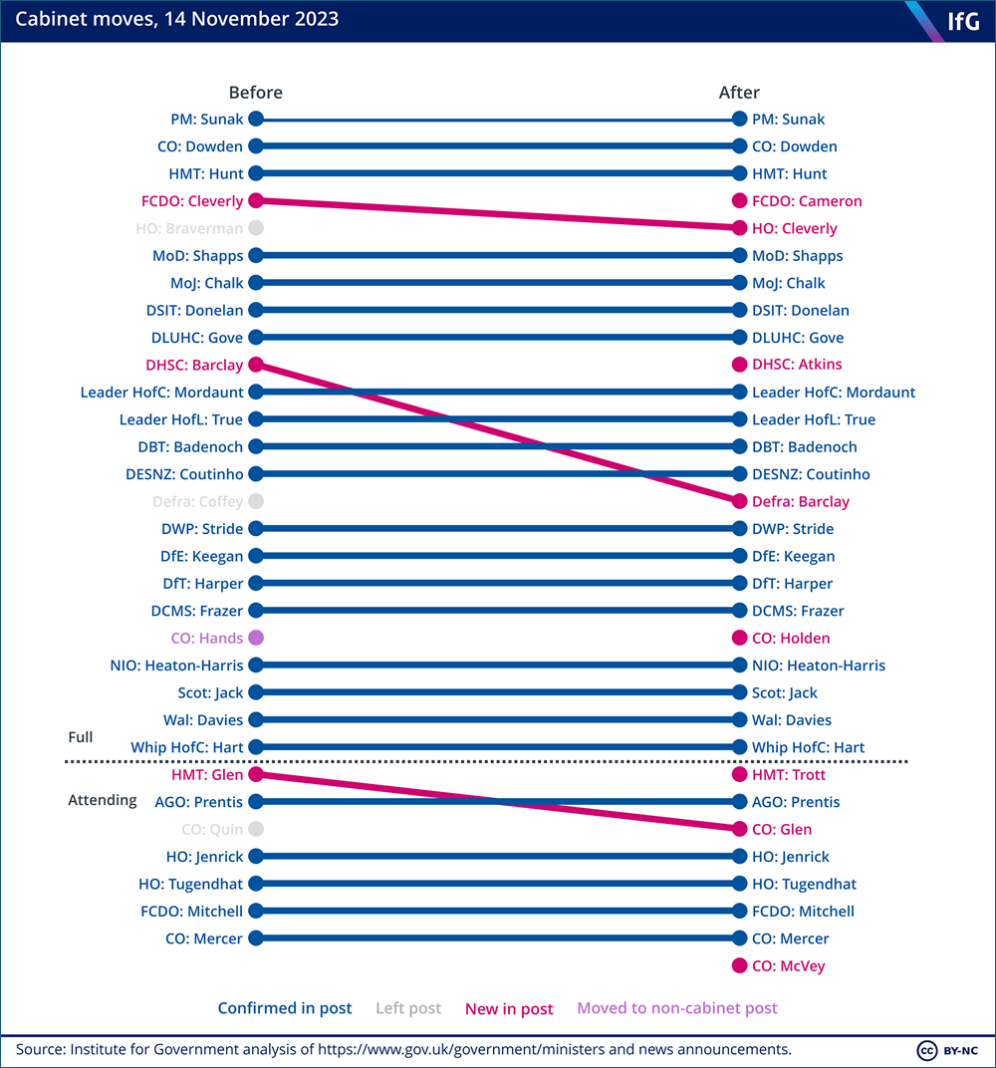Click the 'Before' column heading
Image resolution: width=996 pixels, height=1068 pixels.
click(255, 92)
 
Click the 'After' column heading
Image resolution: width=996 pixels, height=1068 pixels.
click(739, 92)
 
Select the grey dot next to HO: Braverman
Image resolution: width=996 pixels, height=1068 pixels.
click(256, 228)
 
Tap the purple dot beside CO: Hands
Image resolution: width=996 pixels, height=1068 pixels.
click(256, 638)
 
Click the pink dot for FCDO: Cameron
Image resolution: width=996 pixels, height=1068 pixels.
click(739, 201)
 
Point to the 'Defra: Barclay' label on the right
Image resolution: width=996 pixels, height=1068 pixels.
click(801, 502)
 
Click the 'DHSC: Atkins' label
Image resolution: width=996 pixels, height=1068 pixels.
click(797, 365)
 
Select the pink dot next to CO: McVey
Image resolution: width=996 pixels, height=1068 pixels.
click(739, 965)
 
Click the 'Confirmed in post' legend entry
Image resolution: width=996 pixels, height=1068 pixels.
click(285, 1008)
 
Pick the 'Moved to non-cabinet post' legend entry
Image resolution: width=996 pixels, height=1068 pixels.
click(676, 1008)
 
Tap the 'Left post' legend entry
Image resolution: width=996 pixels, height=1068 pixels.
click(408, 1008)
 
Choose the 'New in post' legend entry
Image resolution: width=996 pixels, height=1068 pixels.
click(509, 1009)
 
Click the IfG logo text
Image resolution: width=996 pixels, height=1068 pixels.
click(963, 21)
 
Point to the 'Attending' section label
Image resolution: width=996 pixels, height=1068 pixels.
click(103, 800)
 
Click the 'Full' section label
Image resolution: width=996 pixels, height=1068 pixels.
click(81, 737)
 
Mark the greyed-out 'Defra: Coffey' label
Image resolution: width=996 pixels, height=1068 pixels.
click(197, 502)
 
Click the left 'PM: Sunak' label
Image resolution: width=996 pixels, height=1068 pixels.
click(207, 120)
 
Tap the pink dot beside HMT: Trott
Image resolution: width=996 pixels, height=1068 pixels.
click(739, 774)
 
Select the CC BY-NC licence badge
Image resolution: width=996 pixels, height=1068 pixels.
click(947, 1050)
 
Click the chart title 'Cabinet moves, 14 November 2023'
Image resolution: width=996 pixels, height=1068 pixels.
click(177, 19)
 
